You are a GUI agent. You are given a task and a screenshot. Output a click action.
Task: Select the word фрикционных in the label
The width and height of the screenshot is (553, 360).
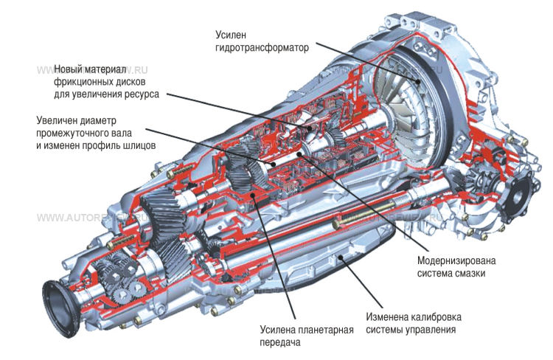click(x=81, y=82)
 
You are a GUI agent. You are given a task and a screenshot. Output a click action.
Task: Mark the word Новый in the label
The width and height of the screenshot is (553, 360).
click(x=69, y=69)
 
